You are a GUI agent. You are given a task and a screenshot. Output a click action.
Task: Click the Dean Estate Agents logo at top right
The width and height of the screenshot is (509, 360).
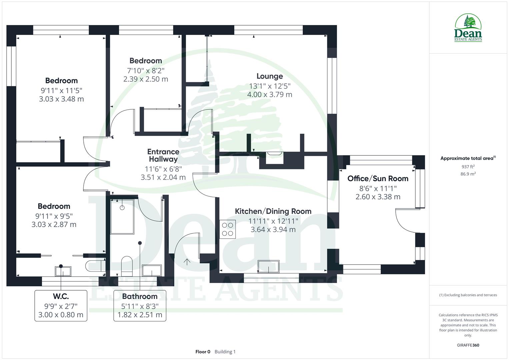tap(468, 28)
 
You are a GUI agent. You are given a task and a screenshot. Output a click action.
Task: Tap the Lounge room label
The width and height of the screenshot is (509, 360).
tap(269, 76)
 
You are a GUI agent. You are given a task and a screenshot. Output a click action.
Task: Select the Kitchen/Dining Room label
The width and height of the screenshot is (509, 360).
tap(273, 211)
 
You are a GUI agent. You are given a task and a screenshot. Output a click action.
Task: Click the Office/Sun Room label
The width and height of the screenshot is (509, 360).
tap(378, 178)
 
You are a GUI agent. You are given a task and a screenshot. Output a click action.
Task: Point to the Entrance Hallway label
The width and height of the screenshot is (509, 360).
tap(163, 155)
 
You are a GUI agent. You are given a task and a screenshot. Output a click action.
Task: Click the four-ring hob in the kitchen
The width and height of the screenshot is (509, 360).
tap(228, 229)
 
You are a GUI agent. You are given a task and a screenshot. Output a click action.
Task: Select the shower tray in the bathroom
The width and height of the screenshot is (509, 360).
tap(122, 216)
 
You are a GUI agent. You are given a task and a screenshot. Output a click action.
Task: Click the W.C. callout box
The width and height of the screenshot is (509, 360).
tap(61, 306)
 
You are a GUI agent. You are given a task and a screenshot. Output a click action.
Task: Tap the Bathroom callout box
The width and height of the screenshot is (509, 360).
tap(140, 306)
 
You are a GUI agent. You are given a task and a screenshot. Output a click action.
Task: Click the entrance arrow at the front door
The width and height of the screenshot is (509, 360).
tap(187, 262)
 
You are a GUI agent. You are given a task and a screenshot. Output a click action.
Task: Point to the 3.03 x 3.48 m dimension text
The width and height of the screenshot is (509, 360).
tap(61, 99)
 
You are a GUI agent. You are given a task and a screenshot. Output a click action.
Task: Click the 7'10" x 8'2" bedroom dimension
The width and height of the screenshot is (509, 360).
tap(146, 71)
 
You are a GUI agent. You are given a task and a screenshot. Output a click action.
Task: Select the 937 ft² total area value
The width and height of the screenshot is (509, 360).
tap(468, 167)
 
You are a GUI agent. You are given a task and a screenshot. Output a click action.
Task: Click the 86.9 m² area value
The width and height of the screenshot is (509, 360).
tap(468, 174)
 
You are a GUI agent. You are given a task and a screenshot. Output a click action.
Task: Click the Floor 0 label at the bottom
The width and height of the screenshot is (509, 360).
tap(203, 352)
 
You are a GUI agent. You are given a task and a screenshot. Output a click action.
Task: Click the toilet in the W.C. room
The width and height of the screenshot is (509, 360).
tap(93, 266)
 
